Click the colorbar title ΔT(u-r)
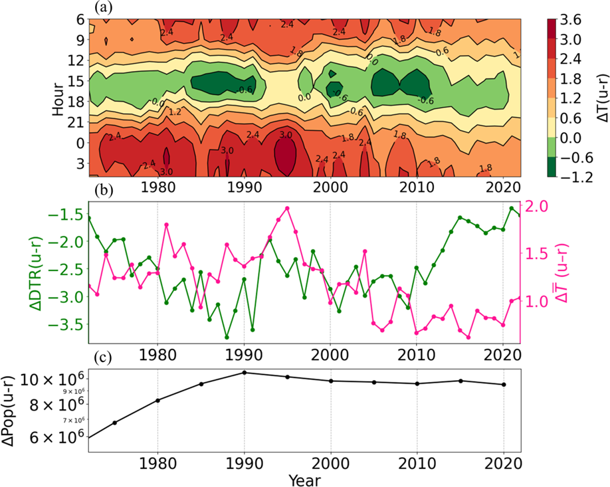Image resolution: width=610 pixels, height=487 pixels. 599,98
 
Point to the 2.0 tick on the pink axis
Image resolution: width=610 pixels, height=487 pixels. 539,206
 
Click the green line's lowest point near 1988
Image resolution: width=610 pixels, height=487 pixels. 227,337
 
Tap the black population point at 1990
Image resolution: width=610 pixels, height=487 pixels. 244,373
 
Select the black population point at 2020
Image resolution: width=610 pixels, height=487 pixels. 504,385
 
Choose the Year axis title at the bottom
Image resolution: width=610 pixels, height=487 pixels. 304,478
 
